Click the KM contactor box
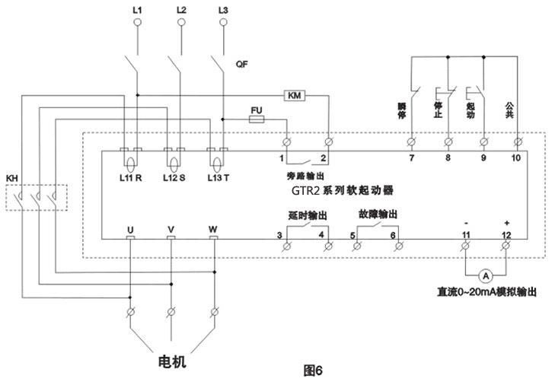click(x=293, y=95)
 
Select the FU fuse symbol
click(x=256, y=119)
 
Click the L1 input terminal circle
click(x=139, y=23)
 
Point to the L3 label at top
click(x=222, y=10)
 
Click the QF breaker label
click(x=242, y=65)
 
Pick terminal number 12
click(x=507, y=235)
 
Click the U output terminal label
click(x=129, y=228)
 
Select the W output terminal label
click(x=212, y=228)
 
